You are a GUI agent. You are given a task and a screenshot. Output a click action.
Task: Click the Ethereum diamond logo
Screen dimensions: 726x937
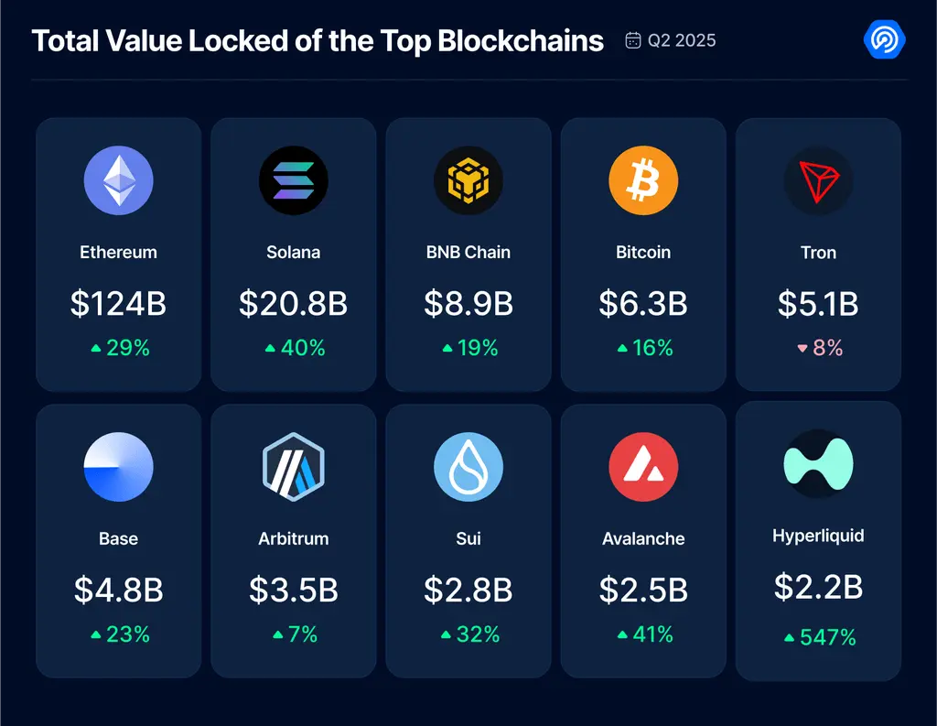(x=118, y=179)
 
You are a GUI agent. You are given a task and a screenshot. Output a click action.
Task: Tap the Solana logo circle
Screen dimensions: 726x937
(x=293, y=179)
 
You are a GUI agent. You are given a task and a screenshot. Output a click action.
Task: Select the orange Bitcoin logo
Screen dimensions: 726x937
(x=643, y=179)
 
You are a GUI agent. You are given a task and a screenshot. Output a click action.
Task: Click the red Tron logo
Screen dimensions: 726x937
(x=818, y=179)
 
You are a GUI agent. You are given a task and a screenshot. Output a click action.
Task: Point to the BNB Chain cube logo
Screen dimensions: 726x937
(x=468, y=179)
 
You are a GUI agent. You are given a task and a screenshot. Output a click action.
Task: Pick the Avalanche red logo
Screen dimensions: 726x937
(x=643, y=467)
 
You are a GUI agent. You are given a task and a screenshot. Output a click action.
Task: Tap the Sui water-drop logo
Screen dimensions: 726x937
(x=468, y=467)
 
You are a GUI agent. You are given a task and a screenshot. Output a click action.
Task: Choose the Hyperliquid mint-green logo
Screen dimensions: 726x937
(x=818, y=463)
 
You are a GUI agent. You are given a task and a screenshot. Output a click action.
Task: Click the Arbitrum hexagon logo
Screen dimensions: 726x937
(x=293, y=467)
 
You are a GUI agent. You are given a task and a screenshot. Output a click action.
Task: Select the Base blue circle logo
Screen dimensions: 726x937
(x=118, y=467)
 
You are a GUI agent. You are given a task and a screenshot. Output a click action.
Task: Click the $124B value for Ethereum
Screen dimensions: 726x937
(x=118, y=304)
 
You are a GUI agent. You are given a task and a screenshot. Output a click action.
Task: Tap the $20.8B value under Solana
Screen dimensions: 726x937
(x=293, y=304)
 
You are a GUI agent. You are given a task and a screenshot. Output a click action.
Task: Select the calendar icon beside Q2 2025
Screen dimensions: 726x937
(x=632, y=40)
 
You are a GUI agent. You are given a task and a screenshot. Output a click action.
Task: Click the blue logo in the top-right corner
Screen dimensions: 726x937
(x=884, y=40)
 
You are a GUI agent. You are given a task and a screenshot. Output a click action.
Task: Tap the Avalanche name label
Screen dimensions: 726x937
(x=643, y=539)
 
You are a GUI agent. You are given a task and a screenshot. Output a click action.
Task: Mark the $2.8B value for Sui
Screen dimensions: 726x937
(x=468, y=591)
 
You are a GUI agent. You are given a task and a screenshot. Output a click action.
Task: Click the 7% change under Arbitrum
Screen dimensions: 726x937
(x=294, y=634)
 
